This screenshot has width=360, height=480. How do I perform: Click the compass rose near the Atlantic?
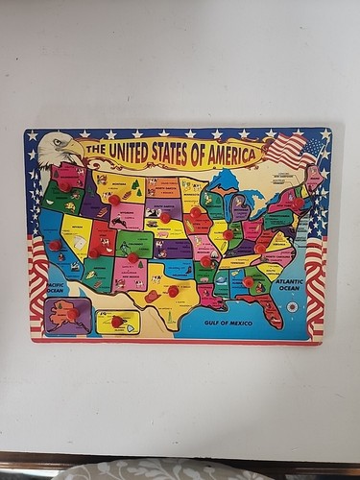292,307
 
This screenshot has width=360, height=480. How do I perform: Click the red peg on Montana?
114,200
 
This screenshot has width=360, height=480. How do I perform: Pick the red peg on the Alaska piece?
72,314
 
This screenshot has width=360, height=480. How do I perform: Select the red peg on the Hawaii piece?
117,322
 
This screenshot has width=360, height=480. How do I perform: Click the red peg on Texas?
174,291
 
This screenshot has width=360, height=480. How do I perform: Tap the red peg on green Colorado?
133,257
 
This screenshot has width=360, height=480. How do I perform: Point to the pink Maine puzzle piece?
314,179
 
